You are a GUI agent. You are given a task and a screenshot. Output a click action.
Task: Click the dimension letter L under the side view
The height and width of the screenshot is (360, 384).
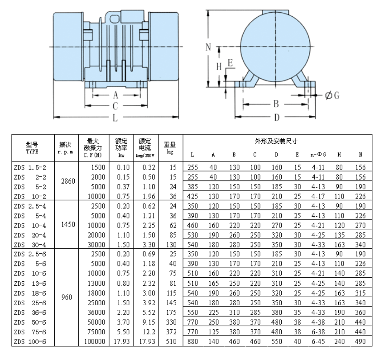pyautogui.click(x=115, y=118)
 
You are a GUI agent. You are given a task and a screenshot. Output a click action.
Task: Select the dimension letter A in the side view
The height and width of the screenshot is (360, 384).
pyautogui.click(x=115, y=95)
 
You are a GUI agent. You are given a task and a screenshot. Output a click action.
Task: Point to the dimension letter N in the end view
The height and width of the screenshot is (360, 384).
pyautogui.click(x=208, y=47)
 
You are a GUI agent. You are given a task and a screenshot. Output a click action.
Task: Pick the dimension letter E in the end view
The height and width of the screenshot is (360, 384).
pyautogui.click(x=230, y=63)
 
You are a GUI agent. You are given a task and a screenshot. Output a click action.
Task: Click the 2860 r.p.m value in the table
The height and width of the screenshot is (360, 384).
pyautogui.click(x=67, y=181)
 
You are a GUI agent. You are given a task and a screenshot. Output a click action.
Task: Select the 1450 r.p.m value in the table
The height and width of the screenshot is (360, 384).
pyautogui.click(x=67, y=224)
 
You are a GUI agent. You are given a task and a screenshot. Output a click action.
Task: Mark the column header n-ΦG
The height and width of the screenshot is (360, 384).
pyautogui.click(x=318, y=155)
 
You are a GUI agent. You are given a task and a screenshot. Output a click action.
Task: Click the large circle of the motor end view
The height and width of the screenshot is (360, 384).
pyautogui.click(x=275, y=47)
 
